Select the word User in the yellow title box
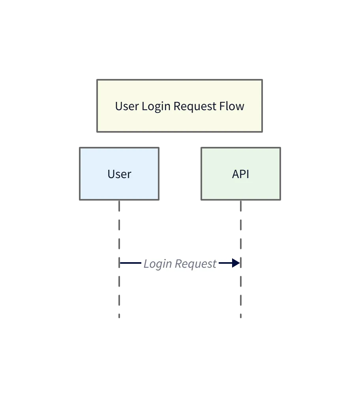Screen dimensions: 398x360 point(127,106)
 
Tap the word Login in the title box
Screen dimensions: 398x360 point(157,107)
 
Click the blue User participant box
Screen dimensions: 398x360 point(119,174)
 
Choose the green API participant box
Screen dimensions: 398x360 point(241,174)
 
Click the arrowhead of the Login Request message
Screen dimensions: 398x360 point(236,263)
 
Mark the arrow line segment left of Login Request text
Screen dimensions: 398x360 point(131,263)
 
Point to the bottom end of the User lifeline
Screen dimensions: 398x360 point(119,316)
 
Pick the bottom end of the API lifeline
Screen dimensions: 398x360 point(241,316)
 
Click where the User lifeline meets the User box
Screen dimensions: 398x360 point(119,201)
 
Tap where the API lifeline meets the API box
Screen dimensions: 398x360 point(241,201)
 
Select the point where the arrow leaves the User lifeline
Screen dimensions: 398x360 point(120,263)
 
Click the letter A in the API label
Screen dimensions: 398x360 point(236,174)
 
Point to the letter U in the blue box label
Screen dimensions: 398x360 point(111,174)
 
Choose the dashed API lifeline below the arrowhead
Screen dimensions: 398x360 point(241,292)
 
